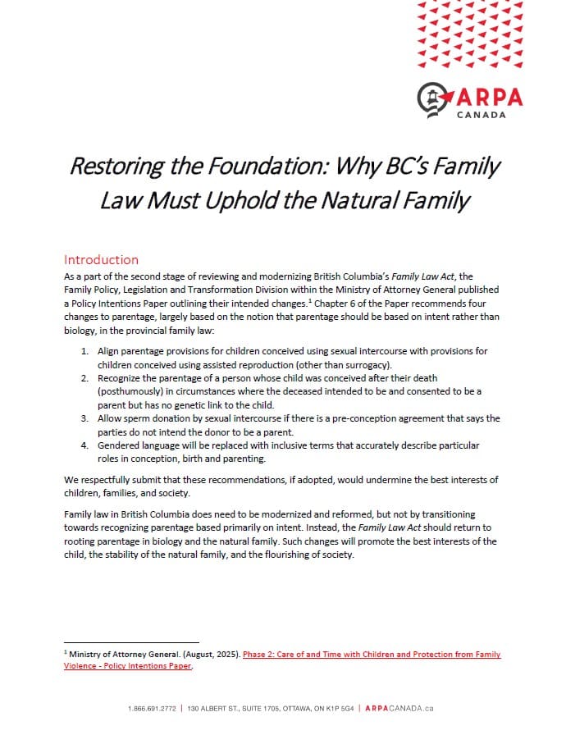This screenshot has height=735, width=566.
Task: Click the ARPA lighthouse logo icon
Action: (432, 98)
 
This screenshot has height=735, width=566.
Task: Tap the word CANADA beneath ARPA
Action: (482, 115)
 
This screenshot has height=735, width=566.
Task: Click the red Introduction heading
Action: (101, 260)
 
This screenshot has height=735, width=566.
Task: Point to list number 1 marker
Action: (84, 351)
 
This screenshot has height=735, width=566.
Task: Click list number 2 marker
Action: (84, 378)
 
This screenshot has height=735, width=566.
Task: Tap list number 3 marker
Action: (84, 418)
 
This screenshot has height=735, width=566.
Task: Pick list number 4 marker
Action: (84, 445)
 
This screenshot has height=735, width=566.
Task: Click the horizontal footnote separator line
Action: (130, 642)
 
